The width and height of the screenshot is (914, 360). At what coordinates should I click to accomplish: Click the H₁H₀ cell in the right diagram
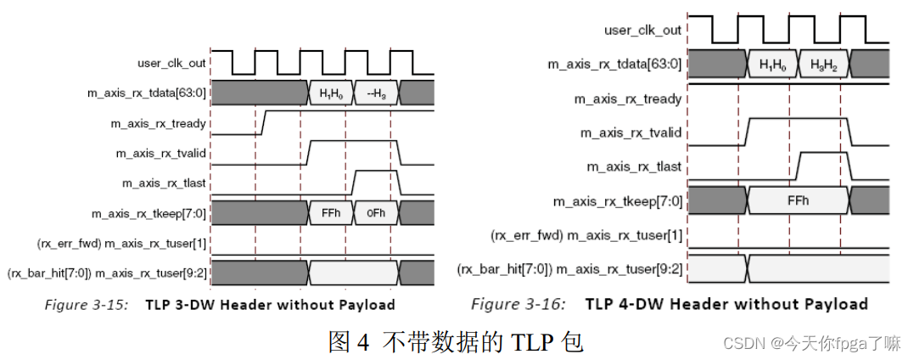click(772, 65)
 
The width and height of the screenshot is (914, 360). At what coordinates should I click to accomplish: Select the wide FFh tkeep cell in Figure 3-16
click(798, 201)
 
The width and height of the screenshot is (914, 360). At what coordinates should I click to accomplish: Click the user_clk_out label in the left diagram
click(171, 63)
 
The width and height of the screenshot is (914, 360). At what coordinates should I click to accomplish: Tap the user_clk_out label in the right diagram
click(642, 31)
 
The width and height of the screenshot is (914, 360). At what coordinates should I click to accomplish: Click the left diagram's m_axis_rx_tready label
click(159, 124)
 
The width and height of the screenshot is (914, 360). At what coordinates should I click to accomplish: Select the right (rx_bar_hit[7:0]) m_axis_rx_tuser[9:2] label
click(569, 268)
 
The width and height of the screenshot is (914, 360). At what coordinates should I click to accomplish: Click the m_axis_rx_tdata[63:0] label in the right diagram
click(617, 65)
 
